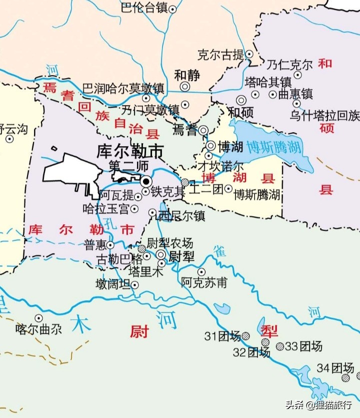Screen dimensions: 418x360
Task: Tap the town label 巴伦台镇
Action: pos(144,8)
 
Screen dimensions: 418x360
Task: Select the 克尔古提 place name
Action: pos(220,55)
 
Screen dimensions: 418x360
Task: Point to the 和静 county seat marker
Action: pos(185,87)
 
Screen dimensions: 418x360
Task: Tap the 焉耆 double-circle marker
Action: pos(203,131)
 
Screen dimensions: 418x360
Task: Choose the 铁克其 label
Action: pos(168,191)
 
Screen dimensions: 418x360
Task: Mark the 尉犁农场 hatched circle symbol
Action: pos(142,248)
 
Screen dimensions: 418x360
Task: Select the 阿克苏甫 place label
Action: pos(204,283)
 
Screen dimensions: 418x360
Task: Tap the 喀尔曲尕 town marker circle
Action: pos(38,318)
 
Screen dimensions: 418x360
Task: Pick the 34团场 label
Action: pos(335,368)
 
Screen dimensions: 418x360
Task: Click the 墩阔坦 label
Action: pos(113,285)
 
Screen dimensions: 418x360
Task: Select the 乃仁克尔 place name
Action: pos(289,65)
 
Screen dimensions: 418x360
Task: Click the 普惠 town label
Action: pos(95,245)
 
